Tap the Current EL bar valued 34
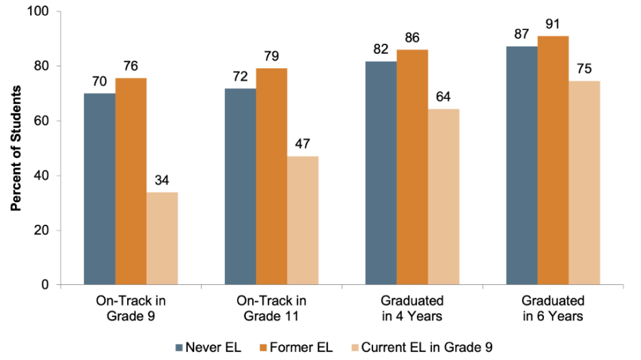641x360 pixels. click(162, 238)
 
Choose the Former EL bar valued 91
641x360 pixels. click(553, 160)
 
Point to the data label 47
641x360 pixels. click(303, 144)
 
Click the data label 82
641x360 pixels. click(381, 49)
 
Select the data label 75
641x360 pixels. click(584, 69)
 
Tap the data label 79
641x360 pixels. click(271, 56)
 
